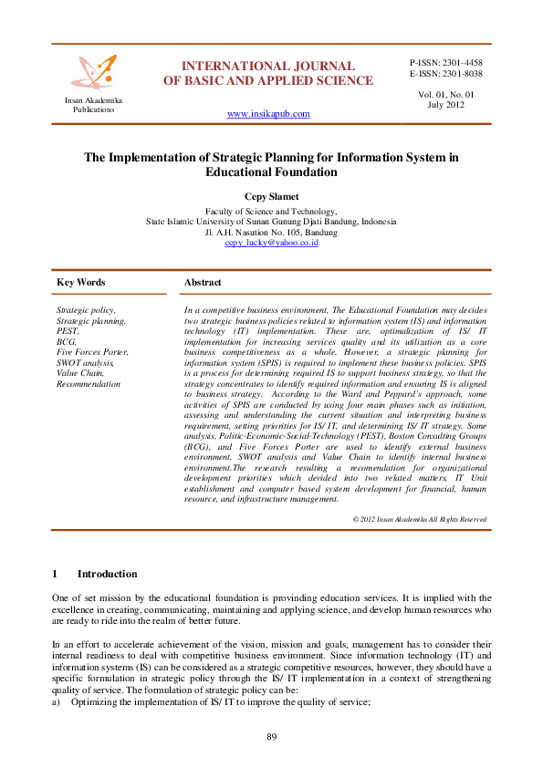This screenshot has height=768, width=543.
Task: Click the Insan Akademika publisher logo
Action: [x=95, y=73]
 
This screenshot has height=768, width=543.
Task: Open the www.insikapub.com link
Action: [x=267, y=114]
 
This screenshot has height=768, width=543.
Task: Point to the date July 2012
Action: [x=446, y=105]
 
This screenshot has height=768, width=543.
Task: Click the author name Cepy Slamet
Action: [x=270, y=196]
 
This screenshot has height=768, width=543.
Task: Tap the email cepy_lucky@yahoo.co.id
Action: [x=270, y=244]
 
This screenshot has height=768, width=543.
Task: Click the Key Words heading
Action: [x=80, y=283]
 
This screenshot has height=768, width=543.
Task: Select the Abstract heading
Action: [x=203, y=283]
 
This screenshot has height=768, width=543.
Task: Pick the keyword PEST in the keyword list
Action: [x=68, y=331]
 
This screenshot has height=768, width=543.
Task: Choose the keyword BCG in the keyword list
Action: [x=67, y=341]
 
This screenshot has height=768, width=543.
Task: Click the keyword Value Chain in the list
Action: [x=81, y=373]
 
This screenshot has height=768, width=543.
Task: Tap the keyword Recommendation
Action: [x=88, y=384]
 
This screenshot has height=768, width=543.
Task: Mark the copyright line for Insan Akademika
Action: [x=419, y=519]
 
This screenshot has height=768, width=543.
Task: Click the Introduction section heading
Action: [x=107, y=574]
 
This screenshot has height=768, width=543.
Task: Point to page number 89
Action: [x=271, y=736]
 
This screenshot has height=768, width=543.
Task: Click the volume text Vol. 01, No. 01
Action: [x=446, y=94]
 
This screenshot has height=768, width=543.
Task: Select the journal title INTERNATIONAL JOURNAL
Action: [x=267, y=66]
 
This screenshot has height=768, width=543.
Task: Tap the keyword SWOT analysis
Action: [x=86, y=363]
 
